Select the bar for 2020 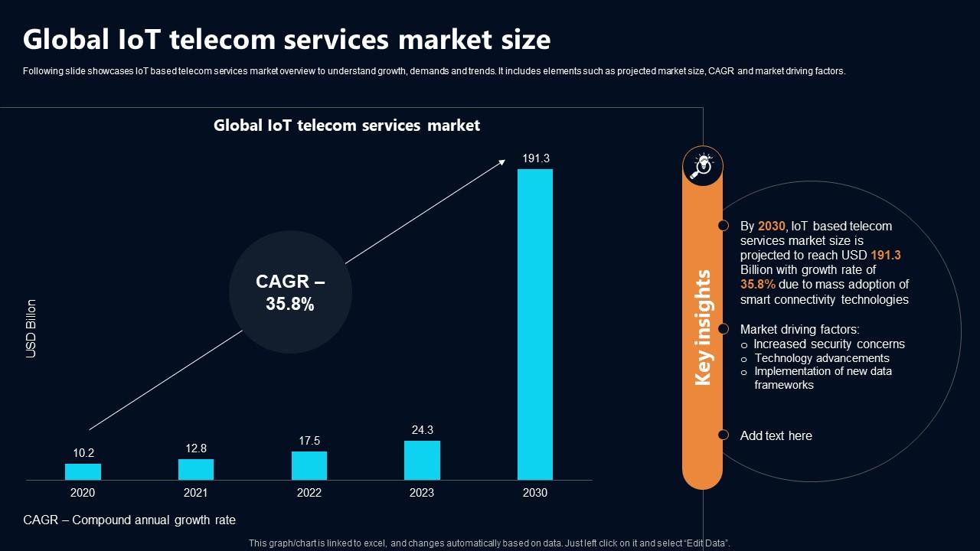point(83,471)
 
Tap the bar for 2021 point(196,469)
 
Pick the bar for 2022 point(309,465)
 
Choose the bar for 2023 point(422,460)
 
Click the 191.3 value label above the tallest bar point(536,158)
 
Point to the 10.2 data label point(83,453)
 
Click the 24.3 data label point(422,430)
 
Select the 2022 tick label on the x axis point(309,493)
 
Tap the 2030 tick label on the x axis point(535,493)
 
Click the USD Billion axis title point(31,329)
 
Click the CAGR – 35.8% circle point(290,293)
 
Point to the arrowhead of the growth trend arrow point(501,161)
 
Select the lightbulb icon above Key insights point(702,165)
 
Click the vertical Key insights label point(703,328)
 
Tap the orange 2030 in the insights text point(771,227)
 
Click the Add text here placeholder point(776,435)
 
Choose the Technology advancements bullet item point(822,358)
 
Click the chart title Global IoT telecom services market point(347,126)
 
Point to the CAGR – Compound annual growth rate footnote point(129,520)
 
